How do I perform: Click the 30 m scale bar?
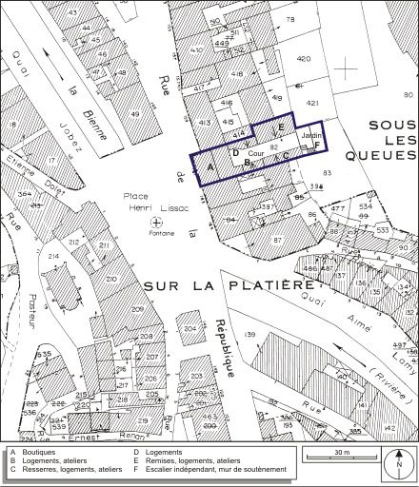point(343,457)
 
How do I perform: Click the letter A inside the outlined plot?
point(209,166)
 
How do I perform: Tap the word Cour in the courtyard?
point(255,152)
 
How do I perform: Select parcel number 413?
point(204,123)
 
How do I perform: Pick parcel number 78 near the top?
point(289,19)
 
